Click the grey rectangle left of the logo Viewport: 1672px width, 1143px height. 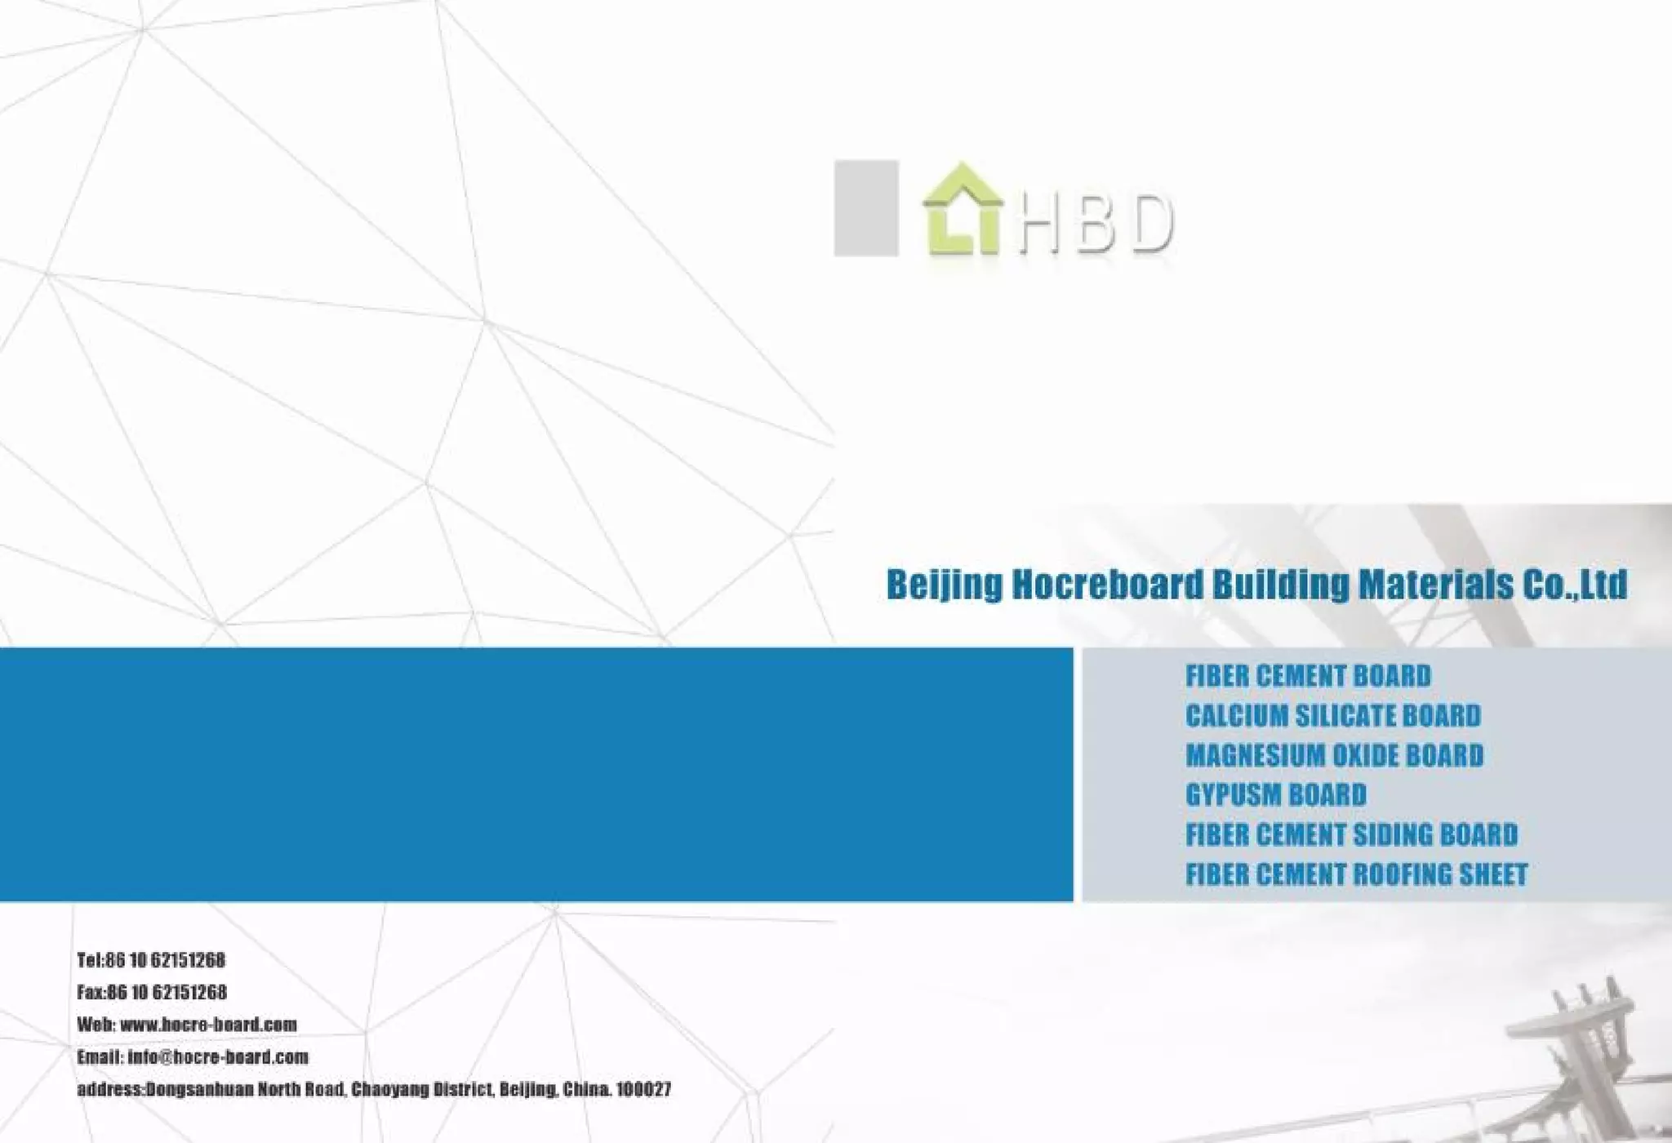pyautogui.click(x=866, y=208)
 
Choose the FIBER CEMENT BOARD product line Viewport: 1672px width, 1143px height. pyautogui.click(x=1308, y=676)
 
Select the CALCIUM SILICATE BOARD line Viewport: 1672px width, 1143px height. pyautogui.click(x=1332, y=716)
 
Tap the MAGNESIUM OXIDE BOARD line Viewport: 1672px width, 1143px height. pyautogui.click(x=1334, y=755)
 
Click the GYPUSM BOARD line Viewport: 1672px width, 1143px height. pyautogui.click(x=1275, y=794)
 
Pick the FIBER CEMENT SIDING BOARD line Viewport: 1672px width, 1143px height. pyautogui.click(x=1351, y=834)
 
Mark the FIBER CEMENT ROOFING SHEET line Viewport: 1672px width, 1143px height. pyautogui.click(x=1356, y=874)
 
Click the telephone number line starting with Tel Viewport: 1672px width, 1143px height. pyautogui.click(x=151, y=960)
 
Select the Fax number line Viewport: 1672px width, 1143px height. pyautogui.click(x=152, y=993)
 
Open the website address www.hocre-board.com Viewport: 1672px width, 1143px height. pyautogui.click(x=208, y=1025)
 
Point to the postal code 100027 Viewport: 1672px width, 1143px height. pyautogui.click(x=643, y=1090)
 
